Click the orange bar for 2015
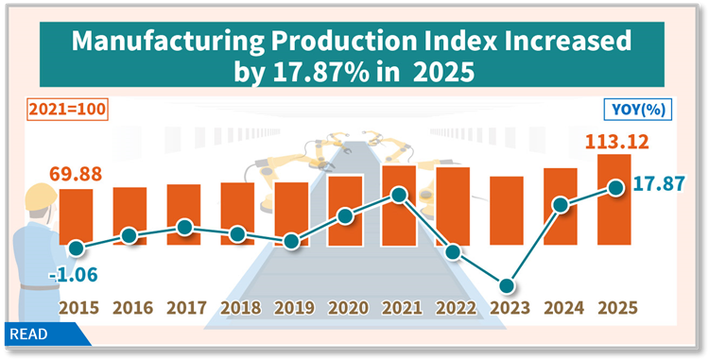pyautogui.click(x=76, y=216)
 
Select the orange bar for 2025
pyautogui.click(x=614, y=198)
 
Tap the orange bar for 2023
pyautogui.click(x=507, y=210)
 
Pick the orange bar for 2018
pyautogui.click(x=237, y=214)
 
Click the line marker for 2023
pyautogui.click(x=508, y=285)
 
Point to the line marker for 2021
pyautogui.click(x=399, y=196)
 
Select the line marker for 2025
pyautogui.click(x=615, y=187)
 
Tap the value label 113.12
pyautogui.click(x=611, y=140)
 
